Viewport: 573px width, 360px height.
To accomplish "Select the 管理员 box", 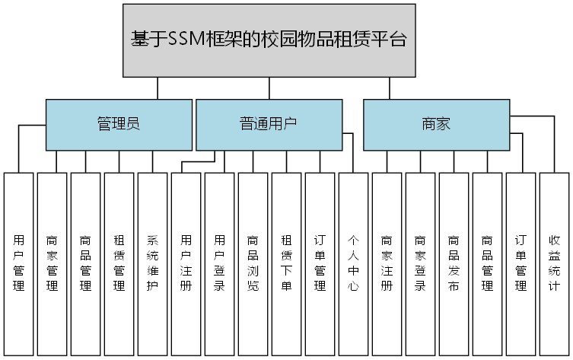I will (x=119, y=124).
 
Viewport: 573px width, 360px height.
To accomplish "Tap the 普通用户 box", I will (x=269, y=124).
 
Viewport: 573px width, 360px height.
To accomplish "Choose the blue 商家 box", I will (x=436, y=124).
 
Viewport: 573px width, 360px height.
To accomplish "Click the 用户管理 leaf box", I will (x=19, y=263).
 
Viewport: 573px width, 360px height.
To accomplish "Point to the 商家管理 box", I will (x=53, y=263).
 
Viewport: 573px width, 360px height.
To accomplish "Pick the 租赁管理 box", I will (x=119, y=263).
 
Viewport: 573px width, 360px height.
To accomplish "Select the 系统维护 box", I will (x=152, y=263).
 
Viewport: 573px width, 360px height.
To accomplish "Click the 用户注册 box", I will (x=186, y=263).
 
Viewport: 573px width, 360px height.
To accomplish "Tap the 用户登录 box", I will (x=219, y=263).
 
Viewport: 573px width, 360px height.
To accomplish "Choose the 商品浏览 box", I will (x=253, y=263).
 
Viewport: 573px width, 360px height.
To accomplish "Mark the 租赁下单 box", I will (x=286, y=263).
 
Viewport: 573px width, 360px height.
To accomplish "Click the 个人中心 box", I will (x=353, y=263).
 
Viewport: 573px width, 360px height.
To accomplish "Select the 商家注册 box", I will (x=387, y=263).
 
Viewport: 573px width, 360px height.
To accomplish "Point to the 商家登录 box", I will (x=420, y=263).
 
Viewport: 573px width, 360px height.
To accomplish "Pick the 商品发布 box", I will (x=454, y=263).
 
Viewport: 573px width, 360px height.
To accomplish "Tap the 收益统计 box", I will (x=554, y=263).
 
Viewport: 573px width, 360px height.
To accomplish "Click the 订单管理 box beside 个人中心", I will (x=320, y=263).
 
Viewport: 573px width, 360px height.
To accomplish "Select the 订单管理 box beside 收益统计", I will (x=520, y=263).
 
